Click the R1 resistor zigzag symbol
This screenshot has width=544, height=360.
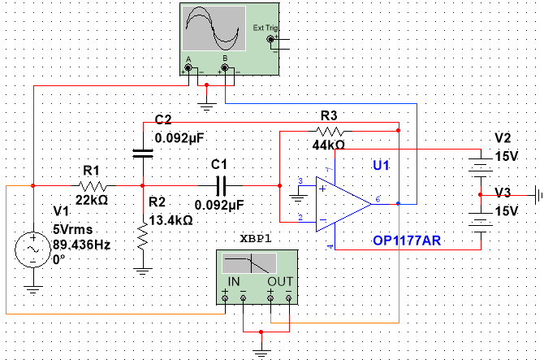[x=93, y=186]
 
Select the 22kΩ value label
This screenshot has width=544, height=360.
[x=92, y=200]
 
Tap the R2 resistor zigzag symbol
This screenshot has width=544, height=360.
[x=143, y=236]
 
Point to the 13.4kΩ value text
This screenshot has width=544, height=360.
[x=171, y=220]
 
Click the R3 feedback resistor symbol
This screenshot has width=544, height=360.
[x=330, y=131]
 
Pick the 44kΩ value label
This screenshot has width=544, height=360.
[x=329, y=145]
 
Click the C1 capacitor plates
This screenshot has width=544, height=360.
[x=221, y=186]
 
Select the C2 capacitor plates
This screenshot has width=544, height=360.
[x=143, y=153]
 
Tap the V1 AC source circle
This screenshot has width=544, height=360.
[x=33, y=249]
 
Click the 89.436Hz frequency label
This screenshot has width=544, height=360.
[x=81, y=245]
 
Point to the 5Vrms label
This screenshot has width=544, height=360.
[x=73, y=229]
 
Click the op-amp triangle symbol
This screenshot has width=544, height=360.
[x=343, y=204]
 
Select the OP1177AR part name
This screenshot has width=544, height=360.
[x=407, y=241]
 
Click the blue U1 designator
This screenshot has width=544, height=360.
[x=381, y=165]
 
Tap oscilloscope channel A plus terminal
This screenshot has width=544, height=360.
[x=188, y=67]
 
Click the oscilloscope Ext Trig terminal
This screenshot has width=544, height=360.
[x=270, y=39]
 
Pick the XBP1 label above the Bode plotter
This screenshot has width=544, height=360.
[x=256, y=238]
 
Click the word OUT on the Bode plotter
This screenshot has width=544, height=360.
[x=280, y=281]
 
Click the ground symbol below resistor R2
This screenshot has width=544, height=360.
[x=143, y=271]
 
